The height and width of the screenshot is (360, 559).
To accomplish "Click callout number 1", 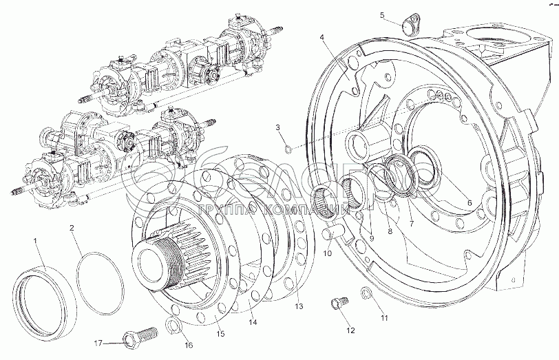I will (x=36, y=239).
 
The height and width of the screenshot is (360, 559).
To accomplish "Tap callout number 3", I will (x=278, y=127).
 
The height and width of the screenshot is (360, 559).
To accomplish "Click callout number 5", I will (x=383, y=15).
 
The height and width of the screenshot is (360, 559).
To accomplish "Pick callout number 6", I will (x=469, y=202).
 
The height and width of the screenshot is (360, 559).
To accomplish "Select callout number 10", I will (x=328, y=253).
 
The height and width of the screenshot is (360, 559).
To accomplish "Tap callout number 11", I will (x=385, y=317).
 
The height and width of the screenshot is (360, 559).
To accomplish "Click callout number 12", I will (x=350, y=330).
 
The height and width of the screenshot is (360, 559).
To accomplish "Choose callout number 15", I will (x=221, y=335).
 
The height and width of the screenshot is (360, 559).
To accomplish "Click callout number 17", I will (x=98, y=342).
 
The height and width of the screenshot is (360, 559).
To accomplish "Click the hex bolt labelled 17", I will (x=132, y=339).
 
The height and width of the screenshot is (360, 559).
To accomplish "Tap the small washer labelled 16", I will (x=174, y=326).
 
